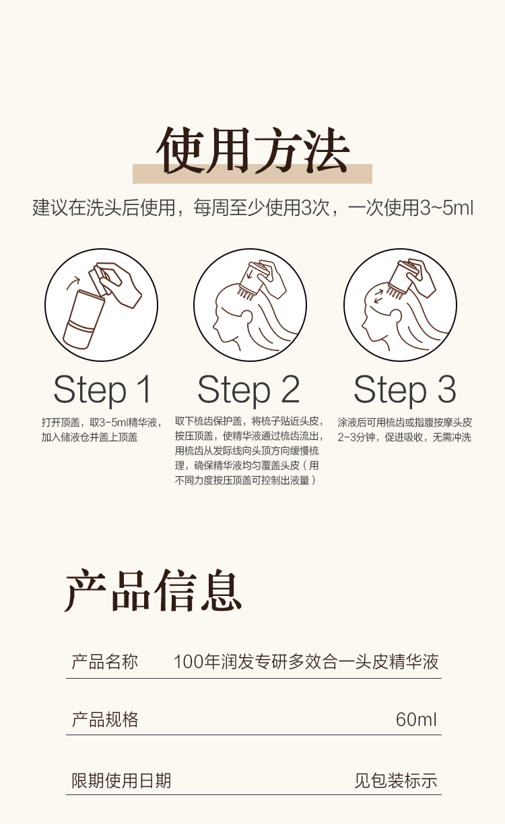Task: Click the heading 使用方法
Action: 252,151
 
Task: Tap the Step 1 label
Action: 102,390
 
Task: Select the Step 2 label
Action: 248,390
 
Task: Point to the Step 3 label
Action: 405,390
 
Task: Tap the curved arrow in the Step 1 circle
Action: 73,283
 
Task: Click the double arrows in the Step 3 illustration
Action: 378,297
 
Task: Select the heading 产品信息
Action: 154,591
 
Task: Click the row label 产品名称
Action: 104,661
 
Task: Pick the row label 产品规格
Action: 104,720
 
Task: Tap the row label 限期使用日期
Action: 121,780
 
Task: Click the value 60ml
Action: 416,720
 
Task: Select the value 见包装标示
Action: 396,780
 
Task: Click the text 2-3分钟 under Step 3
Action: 356,437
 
